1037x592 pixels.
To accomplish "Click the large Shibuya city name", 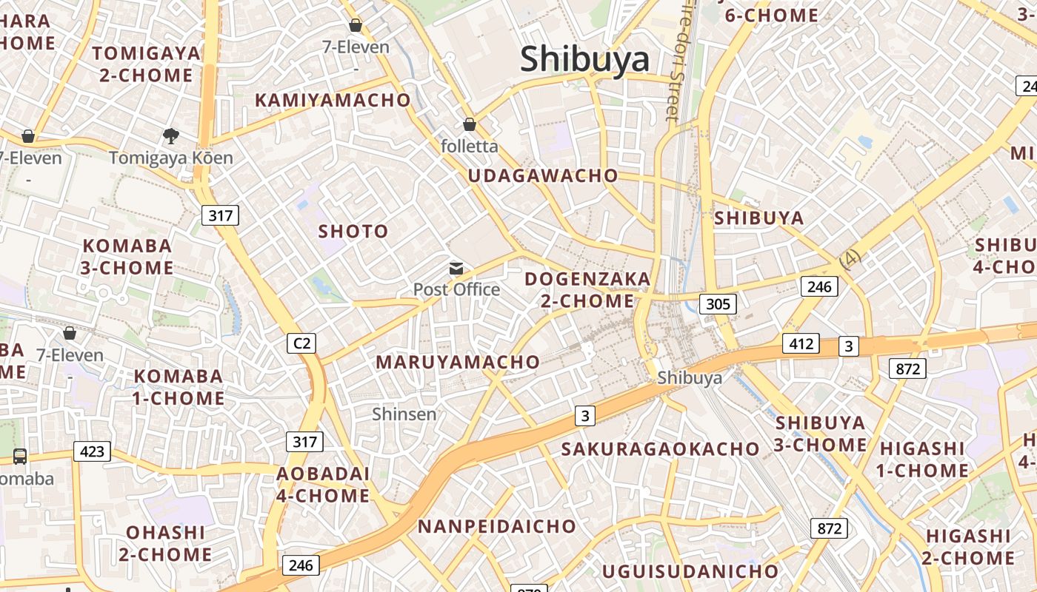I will (584, 60).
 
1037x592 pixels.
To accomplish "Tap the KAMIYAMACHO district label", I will (333, 100).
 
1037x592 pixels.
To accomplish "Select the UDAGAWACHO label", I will (543, 175).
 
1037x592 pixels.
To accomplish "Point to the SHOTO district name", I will (353, 232).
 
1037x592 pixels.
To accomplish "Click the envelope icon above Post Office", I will (456, 269).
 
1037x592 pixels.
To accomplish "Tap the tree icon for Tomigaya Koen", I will (171, 136).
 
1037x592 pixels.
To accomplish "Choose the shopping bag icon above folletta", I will (469, 124).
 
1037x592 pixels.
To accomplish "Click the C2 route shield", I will (301, 343).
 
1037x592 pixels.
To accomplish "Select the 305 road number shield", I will (718, 303).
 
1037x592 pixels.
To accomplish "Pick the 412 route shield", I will (801, 343).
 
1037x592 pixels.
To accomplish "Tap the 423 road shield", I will (92, 451).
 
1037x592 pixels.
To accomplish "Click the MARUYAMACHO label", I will (458, 362).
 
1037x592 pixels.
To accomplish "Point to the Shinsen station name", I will (404, 414).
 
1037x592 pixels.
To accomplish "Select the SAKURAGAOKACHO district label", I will (661, 449).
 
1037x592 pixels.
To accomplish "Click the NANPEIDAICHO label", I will (497, 526).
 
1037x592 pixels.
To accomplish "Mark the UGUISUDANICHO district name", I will (690, 571).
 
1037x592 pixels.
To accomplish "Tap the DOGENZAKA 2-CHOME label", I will (587, 290).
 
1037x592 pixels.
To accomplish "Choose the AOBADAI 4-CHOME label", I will (323, 485).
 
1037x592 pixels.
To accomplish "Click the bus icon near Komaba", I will (20, 457).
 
